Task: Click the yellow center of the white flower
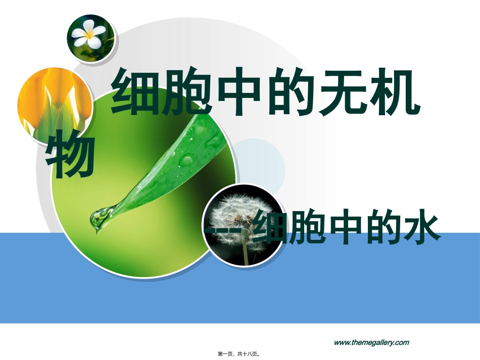pos(90,34)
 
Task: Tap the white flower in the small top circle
pos(89,33)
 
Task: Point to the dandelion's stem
pos(245,250)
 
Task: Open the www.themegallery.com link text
pos(371,342)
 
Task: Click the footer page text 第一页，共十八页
pos(239,354)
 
